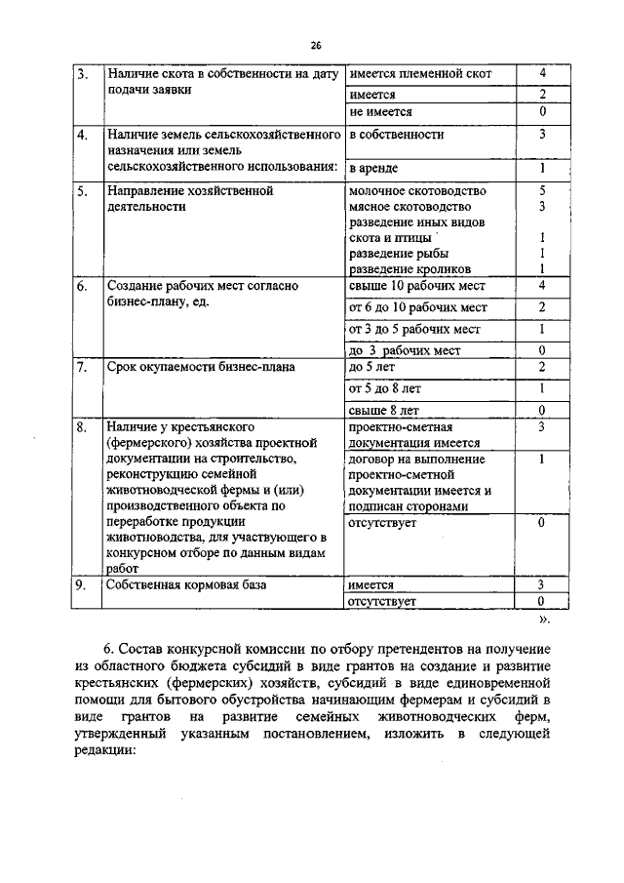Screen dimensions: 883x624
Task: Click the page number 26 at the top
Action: [316, 45]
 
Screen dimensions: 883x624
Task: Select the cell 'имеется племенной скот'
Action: [420, 74]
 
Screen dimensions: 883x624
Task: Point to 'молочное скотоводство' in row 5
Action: [417, 191]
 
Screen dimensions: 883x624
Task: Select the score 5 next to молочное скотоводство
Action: [541, 191]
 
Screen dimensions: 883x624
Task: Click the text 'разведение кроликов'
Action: [409, 268]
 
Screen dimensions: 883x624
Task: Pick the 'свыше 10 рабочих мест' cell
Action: [416, 286]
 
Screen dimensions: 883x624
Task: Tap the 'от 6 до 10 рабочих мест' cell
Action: [418, 308]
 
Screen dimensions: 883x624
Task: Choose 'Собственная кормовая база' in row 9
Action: [187, 584]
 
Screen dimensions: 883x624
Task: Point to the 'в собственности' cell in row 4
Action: [396, 134]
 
